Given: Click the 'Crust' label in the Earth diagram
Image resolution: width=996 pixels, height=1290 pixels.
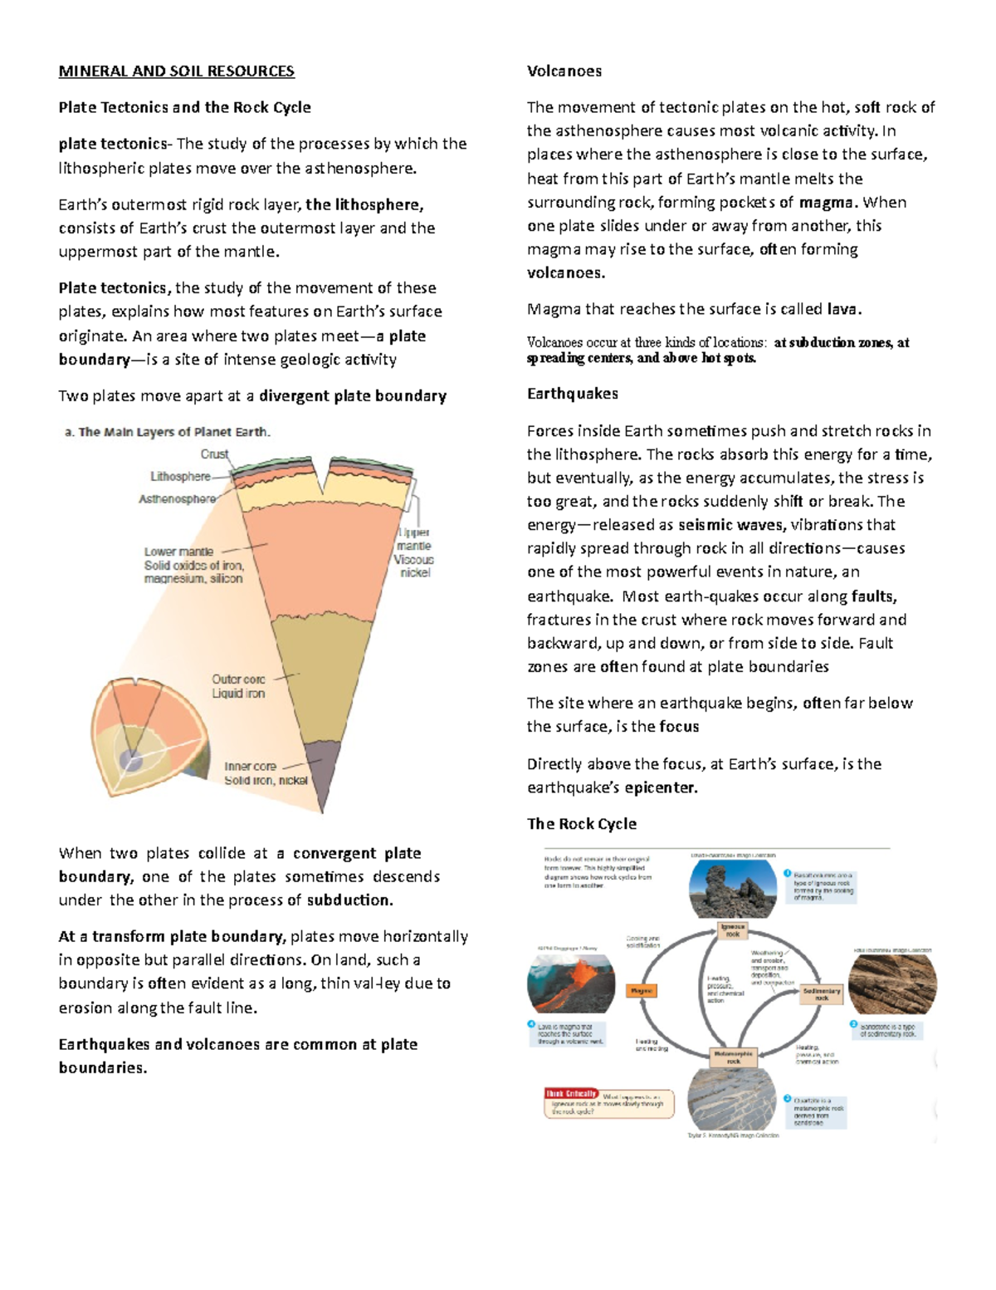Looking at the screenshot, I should point(214,454).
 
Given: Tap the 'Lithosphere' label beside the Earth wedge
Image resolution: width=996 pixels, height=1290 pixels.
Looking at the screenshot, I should point(180,477).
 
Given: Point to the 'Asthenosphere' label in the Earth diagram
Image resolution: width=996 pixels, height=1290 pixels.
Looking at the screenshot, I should point(177,499).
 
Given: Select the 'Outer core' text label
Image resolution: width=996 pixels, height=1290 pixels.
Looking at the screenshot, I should point(238,679).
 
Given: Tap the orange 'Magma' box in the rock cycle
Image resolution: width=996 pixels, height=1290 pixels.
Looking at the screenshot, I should point(642,991).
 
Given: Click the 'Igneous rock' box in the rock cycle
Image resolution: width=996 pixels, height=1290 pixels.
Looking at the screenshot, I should point(733,929).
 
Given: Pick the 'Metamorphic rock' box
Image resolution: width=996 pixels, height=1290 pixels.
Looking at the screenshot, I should point(734,1057).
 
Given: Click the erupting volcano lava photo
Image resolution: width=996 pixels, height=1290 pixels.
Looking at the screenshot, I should point(571,983).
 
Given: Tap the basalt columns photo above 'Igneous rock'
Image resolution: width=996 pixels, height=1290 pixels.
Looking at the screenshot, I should point(733,887).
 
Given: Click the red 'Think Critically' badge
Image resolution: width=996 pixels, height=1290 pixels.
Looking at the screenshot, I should point(571,1094).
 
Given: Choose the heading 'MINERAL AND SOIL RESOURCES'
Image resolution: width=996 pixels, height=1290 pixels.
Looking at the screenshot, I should point(176,71).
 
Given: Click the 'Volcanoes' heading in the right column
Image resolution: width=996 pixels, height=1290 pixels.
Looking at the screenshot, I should point(564,71).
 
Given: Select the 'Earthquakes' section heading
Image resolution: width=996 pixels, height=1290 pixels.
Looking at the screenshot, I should point(573,394).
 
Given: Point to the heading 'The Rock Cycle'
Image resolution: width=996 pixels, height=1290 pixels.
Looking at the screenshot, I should point(582,824).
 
